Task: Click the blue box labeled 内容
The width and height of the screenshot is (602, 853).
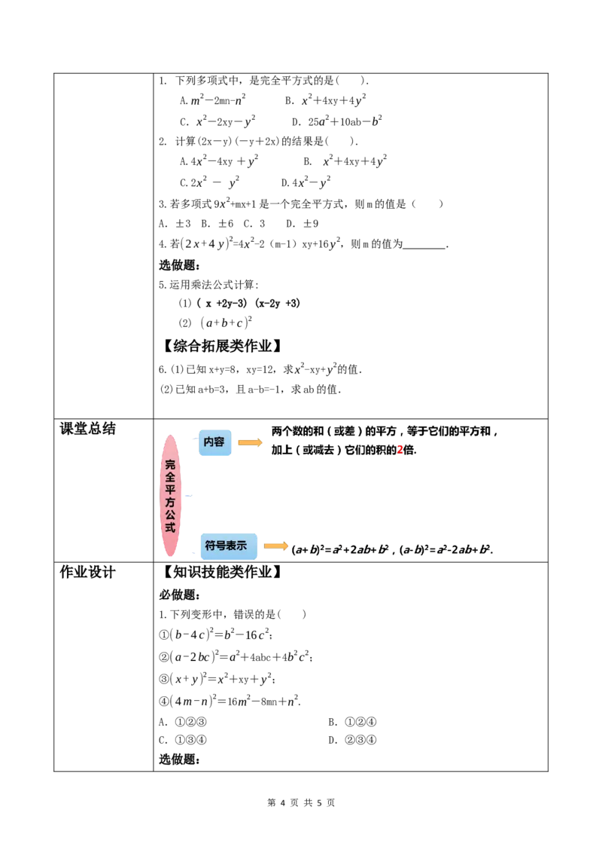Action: (x=215, y=443)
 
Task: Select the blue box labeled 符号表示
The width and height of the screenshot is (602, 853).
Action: (x=228, y=546)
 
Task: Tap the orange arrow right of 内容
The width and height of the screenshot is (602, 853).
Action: (x=250, y=443)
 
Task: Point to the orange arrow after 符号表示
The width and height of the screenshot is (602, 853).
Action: (x=276, y=546)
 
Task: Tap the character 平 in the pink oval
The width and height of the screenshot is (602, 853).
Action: (x=171, y=494)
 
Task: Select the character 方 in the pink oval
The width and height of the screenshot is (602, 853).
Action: (x=171, y=511)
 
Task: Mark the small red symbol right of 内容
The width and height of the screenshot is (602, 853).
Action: (x=400, y=449)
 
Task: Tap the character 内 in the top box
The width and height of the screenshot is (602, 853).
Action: (x=208, y=442)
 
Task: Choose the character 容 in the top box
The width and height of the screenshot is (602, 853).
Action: (x=220, y=442)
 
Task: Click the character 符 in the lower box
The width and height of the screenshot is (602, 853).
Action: (x=210, y=546)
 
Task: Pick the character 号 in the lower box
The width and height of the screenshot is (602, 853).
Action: (x=221, y=546)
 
